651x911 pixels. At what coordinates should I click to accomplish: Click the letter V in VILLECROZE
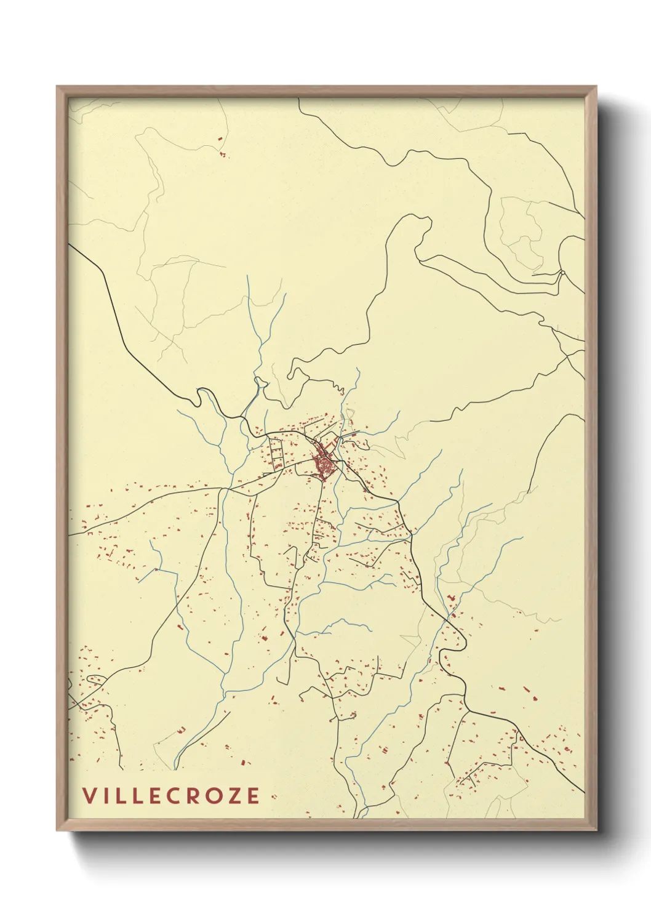90,795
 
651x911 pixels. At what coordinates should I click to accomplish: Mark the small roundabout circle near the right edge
562,272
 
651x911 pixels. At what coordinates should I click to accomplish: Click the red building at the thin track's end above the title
181,729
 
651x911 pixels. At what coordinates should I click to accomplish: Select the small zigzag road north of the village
337,387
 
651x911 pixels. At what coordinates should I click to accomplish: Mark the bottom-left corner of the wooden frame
58,829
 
